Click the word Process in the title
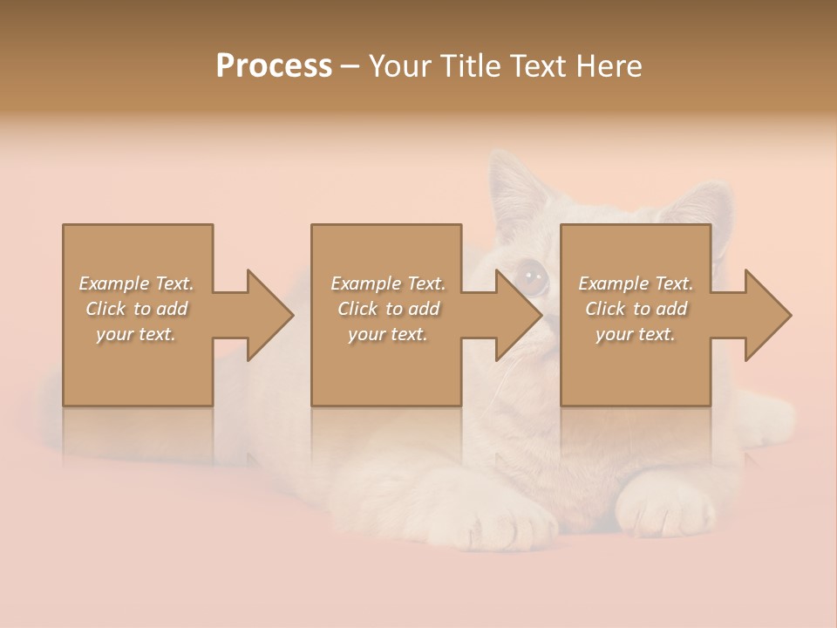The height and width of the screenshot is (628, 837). coord(274,66)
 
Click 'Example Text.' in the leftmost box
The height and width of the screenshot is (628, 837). coord(136,283)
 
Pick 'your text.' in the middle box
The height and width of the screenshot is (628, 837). coord(387,334)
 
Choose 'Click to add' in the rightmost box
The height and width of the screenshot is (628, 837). coord(636,309)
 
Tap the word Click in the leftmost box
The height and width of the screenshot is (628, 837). coord(105,309)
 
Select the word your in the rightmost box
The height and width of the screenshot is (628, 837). coord(614,334)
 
